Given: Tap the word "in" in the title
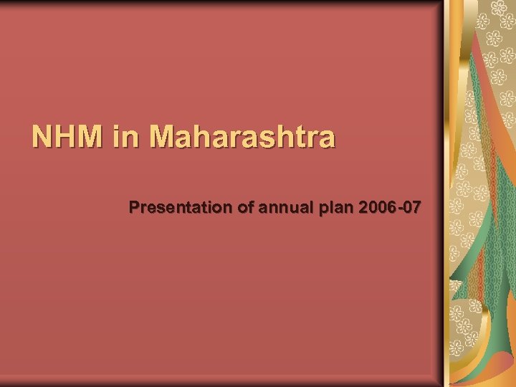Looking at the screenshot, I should pos(123,136).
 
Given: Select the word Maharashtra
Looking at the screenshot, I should pos(242,136).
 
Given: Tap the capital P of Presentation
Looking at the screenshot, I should pos(135,208).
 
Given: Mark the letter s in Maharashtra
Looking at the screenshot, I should pos(269,138).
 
